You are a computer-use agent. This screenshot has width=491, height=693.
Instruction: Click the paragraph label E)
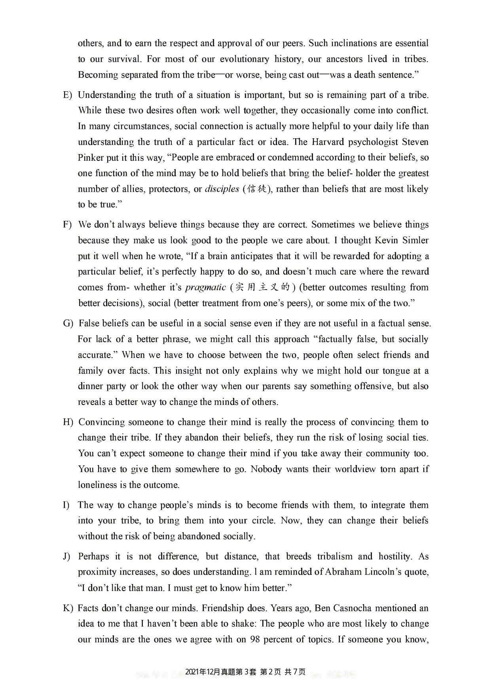(67, 95)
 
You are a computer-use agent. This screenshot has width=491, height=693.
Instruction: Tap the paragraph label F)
(67, 225)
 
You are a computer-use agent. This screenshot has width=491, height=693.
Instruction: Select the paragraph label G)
(68, 324)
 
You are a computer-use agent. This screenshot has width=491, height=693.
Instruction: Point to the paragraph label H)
(68, 422)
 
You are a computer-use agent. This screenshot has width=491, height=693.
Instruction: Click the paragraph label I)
(66, 505)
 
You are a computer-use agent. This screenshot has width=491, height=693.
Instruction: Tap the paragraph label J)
(66, 557)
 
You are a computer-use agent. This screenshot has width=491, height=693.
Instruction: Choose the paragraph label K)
(68, 608)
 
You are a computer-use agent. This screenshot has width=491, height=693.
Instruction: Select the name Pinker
(91, 158)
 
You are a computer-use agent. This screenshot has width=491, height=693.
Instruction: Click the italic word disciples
(222, 189)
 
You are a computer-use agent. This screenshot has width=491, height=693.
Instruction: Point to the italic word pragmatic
(205, 288)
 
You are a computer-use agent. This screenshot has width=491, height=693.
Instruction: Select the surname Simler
(415, 240)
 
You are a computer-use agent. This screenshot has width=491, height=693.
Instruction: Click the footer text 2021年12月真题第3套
(220, 672)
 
